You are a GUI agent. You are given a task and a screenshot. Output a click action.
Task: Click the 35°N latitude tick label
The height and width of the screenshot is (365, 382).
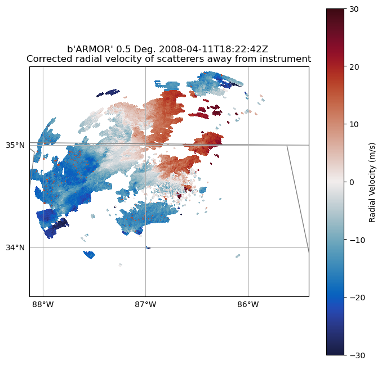pos(15,145)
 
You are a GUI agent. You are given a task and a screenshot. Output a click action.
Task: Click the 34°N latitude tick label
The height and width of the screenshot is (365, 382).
pos(15,247)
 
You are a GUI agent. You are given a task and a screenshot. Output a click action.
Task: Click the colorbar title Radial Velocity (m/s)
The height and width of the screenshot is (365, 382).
pos(372,182)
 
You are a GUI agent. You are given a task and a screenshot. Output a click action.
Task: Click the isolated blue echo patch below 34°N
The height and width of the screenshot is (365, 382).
pos(89,254)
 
